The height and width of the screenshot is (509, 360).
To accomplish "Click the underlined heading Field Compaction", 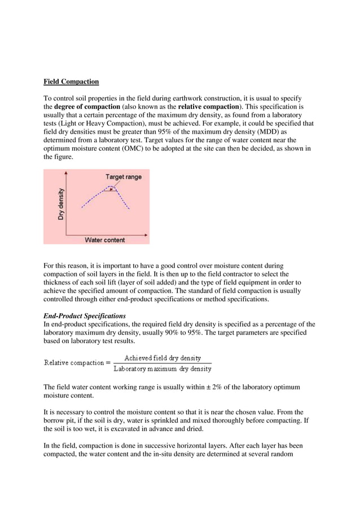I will click(x=71, y=82).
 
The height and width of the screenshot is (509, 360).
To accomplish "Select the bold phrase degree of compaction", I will click(x=86, y=106).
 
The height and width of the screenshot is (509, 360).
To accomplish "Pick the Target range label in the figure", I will click(x=124, y=177).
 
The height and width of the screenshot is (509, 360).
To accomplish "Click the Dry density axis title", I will click(x=61, y=204).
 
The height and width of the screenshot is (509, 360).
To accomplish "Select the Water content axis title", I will click(x=105, y=240).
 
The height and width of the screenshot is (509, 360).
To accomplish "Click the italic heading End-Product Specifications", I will click(x=85, y=316).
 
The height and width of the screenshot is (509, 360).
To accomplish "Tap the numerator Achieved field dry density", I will click(x=163, y=358).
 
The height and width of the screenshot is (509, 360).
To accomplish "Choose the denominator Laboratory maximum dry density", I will click(x=163, y=369).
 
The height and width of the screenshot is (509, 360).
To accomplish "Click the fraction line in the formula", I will click(x=163, y=363).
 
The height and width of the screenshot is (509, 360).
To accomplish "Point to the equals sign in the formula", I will click(x=107, y=363).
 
